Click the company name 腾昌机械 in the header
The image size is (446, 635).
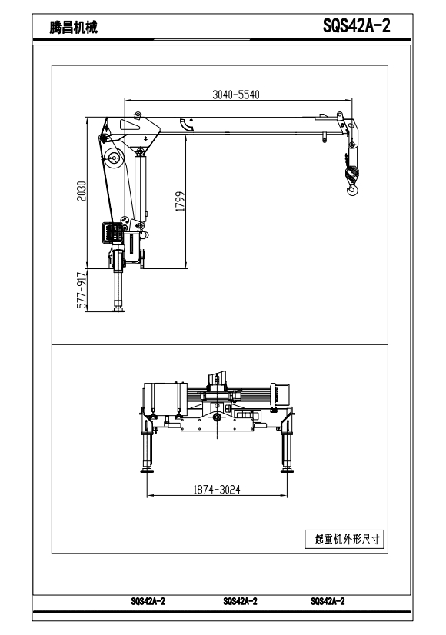pyautogui.click(x=73, y=28)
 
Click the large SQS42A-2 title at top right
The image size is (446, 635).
pyautogui.click(x=357, y=25)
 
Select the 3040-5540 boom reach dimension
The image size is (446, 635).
pyautogui.click(x=236, y=95)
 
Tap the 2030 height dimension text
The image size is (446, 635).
pyautogui.click(x=82, y=191)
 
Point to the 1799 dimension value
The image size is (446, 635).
pyautogui.click(x=180, y=201)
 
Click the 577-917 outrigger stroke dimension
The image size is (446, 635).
pyautogui.click(x=82, y=291)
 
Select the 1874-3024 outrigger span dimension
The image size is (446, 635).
pyautogui.click(x=217, y=490)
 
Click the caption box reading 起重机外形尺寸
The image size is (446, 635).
pyautogui.click(x=344, y=539)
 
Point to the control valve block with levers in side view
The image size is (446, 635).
pyautogui.click(x=112, y=233)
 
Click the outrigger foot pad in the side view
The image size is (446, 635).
pyautogui.click(x=118, y=310)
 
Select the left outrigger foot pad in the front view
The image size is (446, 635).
pyautogui.click(x=147, y=470)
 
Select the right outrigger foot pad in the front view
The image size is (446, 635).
pyautogui.click(x=287, y=470)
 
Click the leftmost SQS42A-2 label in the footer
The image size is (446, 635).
pyautogui.click(x=148, y=601)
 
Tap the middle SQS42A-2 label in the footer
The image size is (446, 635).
pyautogui.click(x=240, y=601)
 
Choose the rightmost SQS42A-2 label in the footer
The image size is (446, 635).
pyautogui.click(x=328, y=601)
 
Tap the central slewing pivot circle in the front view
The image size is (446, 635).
pyautogui.click(x=218, y=417)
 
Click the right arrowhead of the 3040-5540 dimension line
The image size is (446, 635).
pyautogui.click(x=349, y=99)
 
